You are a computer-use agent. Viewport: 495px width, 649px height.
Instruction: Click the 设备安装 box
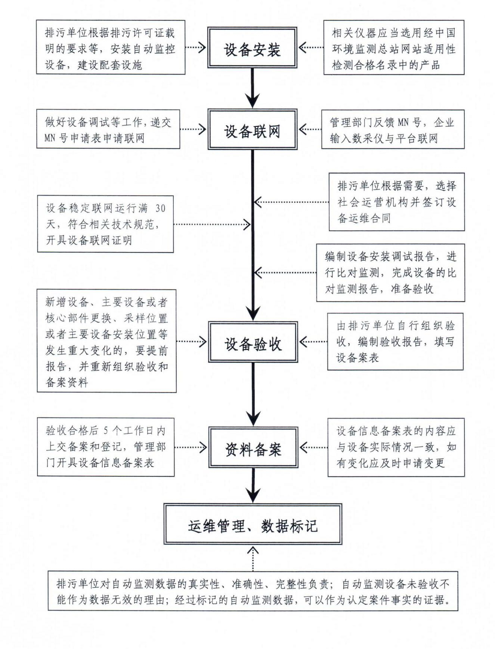point(252,47)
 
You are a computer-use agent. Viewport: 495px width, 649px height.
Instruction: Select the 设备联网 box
point(252,130)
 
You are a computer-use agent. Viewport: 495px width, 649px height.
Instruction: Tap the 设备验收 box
point(253,342)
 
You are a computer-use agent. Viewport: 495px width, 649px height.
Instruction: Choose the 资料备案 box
point(253,447)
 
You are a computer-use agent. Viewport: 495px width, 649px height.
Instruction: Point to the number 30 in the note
point(160,208)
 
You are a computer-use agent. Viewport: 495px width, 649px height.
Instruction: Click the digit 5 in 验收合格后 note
point(106,430)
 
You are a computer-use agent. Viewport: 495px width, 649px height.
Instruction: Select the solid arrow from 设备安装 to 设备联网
point(253,88)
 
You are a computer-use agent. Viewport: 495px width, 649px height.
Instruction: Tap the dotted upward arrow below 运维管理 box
point(253,558)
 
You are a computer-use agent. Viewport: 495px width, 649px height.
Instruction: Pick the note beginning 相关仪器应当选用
point(394,47)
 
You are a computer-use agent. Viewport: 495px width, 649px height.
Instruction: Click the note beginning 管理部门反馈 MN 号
point(393,130)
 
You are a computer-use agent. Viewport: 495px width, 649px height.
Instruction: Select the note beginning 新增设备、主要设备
point(106,341)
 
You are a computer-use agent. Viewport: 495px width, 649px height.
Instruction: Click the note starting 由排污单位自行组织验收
point(395,342)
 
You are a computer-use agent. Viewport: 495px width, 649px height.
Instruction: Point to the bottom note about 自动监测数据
point(253,591)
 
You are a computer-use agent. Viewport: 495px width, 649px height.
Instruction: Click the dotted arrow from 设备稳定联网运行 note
point(212,224)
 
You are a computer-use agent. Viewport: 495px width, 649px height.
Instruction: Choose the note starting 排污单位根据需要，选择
point(397,202)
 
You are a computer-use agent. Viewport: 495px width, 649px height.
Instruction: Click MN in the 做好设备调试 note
point(50,138)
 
